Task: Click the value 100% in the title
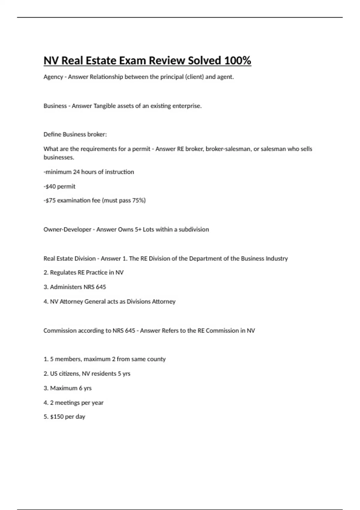[x=237, y=61]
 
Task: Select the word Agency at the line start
[x=53, y=77]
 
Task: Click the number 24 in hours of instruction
[x=76, y=172]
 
